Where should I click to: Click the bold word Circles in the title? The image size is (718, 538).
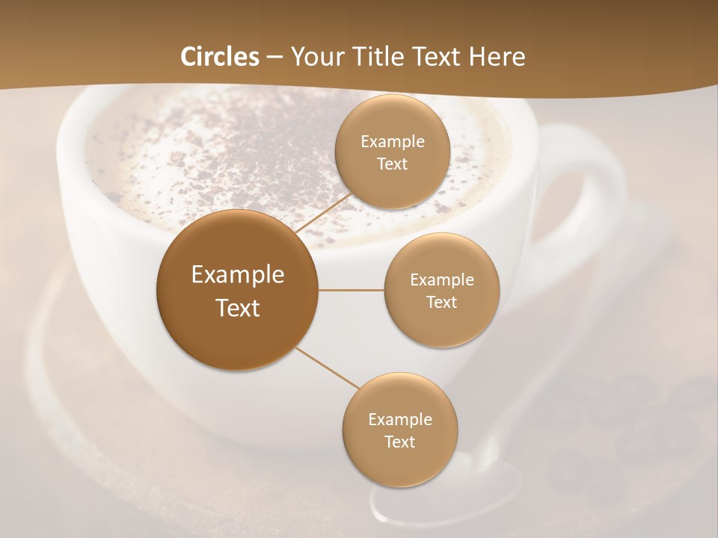click(220, 57)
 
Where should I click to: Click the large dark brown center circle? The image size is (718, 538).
click(238, 290)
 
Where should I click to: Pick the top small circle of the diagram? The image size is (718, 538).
click(392, 152)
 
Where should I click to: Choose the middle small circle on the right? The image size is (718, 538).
click(441, 290)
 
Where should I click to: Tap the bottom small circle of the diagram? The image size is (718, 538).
click(399, 430)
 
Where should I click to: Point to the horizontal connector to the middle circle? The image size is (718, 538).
click(352, 290)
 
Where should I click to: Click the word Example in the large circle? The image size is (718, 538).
click(238, 275)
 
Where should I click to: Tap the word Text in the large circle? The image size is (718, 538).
click(238, 308)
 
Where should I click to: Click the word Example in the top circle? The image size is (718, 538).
click(392, 142)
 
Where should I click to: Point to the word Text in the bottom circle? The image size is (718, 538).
click(399, 442)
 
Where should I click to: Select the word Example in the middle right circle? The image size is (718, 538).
click(441, 280)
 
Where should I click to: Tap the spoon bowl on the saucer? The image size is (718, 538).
click(449, 493)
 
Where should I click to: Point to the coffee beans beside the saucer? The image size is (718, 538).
click(628, 426)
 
